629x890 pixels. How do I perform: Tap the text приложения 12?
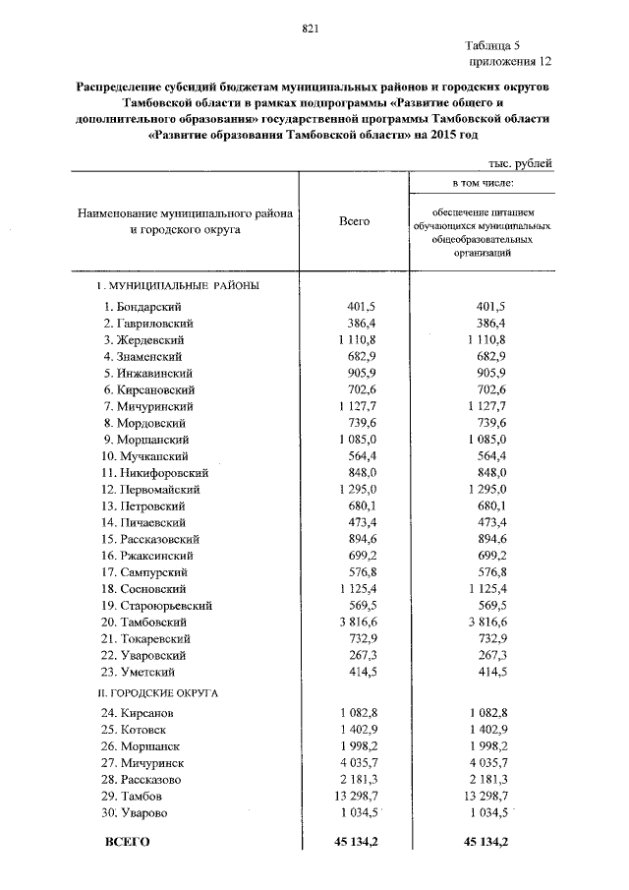pyautogui.click(x=506, y=61)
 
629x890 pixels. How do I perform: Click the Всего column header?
pyautogui.click(x=354, y=221)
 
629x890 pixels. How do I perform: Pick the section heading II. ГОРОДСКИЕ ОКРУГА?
pyautogui.click(x=162, y=693)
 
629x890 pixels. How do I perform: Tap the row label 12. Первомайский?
pyautogui.click(x=149, y=489)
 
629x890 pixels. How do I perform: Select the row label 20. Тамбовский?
pyautogui.click(x=147, y=622)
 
